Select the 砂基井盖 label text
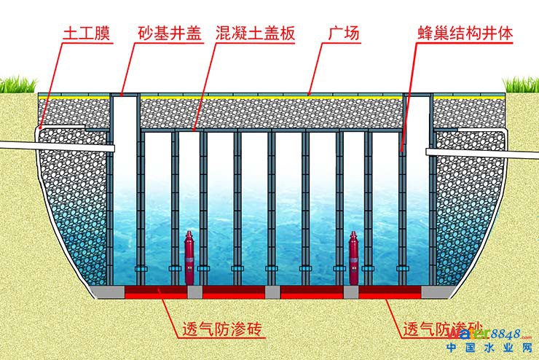pos(167,35)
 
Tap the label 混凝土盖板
pos(256,35)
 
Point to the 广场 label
pos(344,35)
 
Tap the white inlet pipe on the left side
pos(55,146)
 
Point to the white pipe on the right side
pos(481,153)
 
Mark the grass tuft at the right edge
pos(522,85)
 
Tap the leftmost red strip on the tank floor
pos(156,291)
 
